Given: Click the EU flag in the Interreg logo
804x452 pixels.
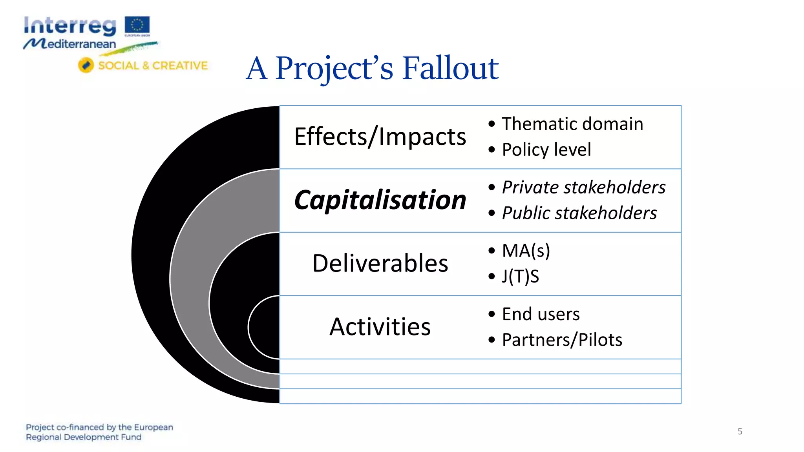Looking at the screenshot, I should pyautogui.click(x=137, y=25).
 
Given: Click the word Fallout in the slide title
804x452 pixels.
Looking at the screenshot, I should pyautogui.click(x=450, y=68).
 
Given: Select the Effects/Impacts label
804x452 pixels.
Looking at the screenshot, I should pyautogui.click(x=380, y=137).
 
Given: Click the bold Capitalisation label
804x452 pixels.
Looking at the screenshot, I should pyautogui.click(x=380, y=200).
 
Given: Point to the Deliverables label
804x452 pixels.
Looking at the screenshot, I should pyautogui.click(x=380, y=263).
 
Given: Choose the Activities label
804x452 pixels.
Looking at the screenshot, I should pyautogui.click(x=380, y=327).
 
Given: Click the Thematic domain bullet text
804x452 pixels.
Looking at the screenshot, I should pyautogui.click(x=572, y=124).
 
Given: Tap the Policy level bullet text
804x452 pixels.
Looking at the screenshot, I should pyautogui.click(x=546, y=149).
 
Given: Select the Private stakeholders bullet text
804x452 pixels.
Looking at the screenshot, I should pyautogui.click(x=584, y=187).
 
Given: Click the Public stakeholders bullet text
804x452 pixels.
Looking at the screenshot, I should pyautogui.click(x=579, y=213).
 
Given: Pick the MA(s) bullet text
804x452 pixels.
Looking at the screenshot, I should pyautogui.click(x=526, y=251).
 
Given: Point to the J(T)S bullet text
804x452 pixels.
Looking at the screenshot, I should pyautogui.click(x=521, y=276).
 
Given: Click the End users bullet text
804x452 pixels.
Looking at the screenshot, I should pyautogui.click(x=541, y=314).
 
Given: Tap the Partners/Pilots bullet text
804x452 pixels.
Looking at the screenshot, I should pyautogui.click(x=562, y=340).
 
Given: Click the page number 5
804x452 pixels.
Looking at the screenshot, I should pyautogui.click(x=740, y=432).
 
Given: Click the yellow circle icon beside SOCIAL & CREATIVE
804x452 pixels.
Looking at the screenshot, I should pyautogui.click(x=86, y=65).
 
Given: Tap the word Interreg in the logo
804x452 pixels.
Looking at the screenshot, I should pyautogui.click(x=70, y=26).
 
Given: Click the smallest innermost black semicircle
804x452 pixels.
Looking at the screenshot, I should pyautogui.click(x=265, y=327).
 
